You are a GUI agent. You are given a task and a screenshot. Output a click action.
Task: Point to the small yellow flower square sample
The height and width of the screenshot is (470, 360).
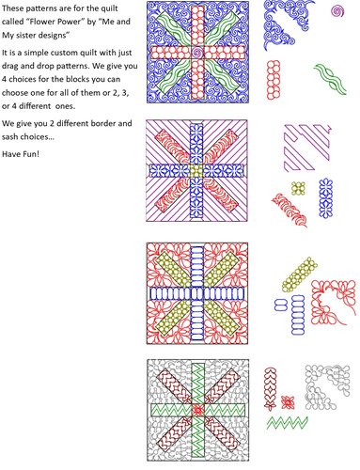[x=297, y=188]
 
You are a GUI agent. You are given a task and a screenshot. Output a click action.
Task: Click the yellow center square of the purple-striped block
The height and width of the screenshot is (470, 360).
[x=195, y=174]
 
